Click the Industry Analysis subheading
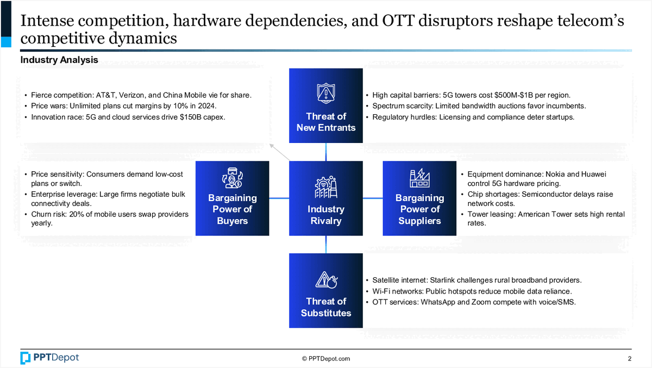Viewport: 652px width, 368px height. [59, 60]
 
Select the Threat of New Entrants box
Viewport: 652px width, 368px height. [325, 106]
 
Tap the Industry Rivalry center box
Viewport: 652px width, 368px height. [325, 198]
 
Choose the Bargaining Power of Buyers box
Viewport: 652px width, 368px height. [232, 198]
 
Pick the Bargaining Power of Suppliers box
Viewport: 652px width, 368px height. [419, 198]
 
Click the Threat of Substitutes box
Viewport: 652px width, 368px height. [325, 291]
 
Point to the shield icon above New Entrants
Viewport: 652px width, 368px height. [325, 93]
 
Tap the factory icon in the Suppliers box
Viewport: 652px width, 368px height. [419, 177]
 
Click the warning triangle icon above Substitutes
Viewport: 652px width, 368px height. [325, 279]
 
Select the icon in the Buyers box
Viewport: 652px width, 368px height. [232, 178]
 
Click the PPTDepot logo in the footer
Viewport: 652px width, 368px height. [49, 358]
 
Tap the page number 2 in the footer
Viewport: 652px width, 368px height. [629, 358]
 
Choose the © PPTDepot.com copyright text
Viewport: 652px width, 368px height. [326, 359]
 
